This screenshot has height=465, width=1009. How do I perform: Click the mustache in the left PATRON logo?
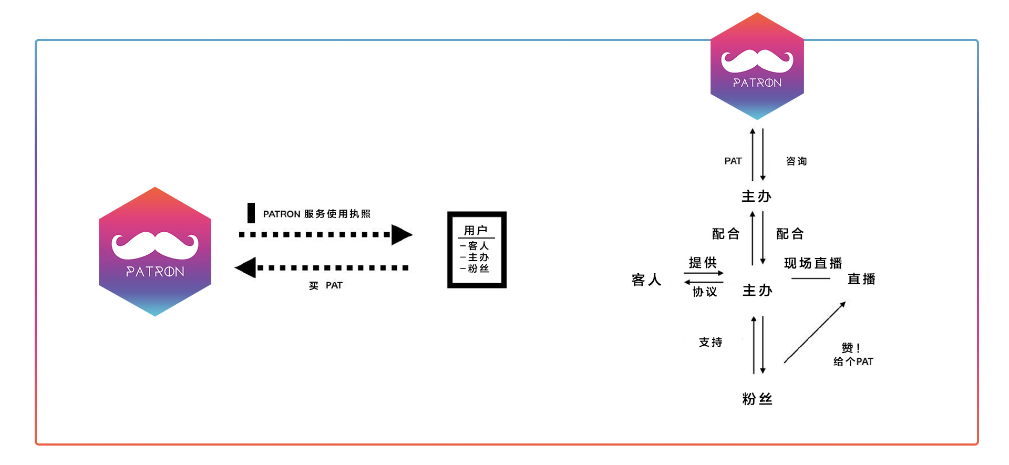[x=155, y=245]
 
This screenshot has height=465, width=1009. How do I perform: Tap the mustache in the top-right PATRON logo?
[x=757, y=61]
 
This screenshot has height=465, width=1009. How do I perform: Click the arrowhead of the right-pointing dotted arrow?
[x=402, y=235]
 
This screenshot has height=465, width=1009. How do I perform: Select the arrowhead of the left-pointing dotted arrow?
[x=245, y=267]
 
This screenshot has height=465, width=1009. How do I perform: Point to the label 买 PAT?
[x=326, y=285]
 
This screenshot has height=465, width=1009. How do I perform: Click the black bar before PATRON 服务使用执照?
[x=251, y=213]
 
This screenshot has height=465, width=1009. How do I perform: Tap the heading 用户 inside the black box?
[x=476, y=230]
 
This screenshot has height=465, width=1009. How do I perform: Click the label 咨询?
[x=796, y=161]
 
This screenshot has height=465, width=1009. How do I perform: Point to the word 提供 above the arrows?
[x=703, y=262]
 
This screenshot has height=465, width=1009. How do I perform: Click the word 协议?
[x=705, y=291]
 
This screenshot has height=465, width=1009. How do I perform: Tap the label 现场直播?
[x=813, y=263]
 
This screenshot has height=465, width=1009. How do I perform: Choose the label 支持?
[x=711, y=342]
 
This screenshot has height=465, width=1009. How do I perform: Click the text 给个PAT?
[x=853, y=361]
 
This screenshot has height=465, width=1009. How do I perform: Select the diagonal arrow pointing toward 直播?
[x=815, y=332]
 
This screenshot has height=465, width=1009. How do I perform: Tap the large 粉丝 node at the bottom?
[x=757, y=399]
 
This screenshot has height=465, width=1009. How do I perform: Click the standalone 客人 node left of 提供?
[x=646, y=280]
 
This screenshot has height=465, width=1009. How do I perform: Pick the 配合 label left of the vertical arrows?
[x=726, y=234]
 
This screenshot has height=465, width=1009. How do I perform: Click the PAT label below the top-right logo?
[x=733, y=161]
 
